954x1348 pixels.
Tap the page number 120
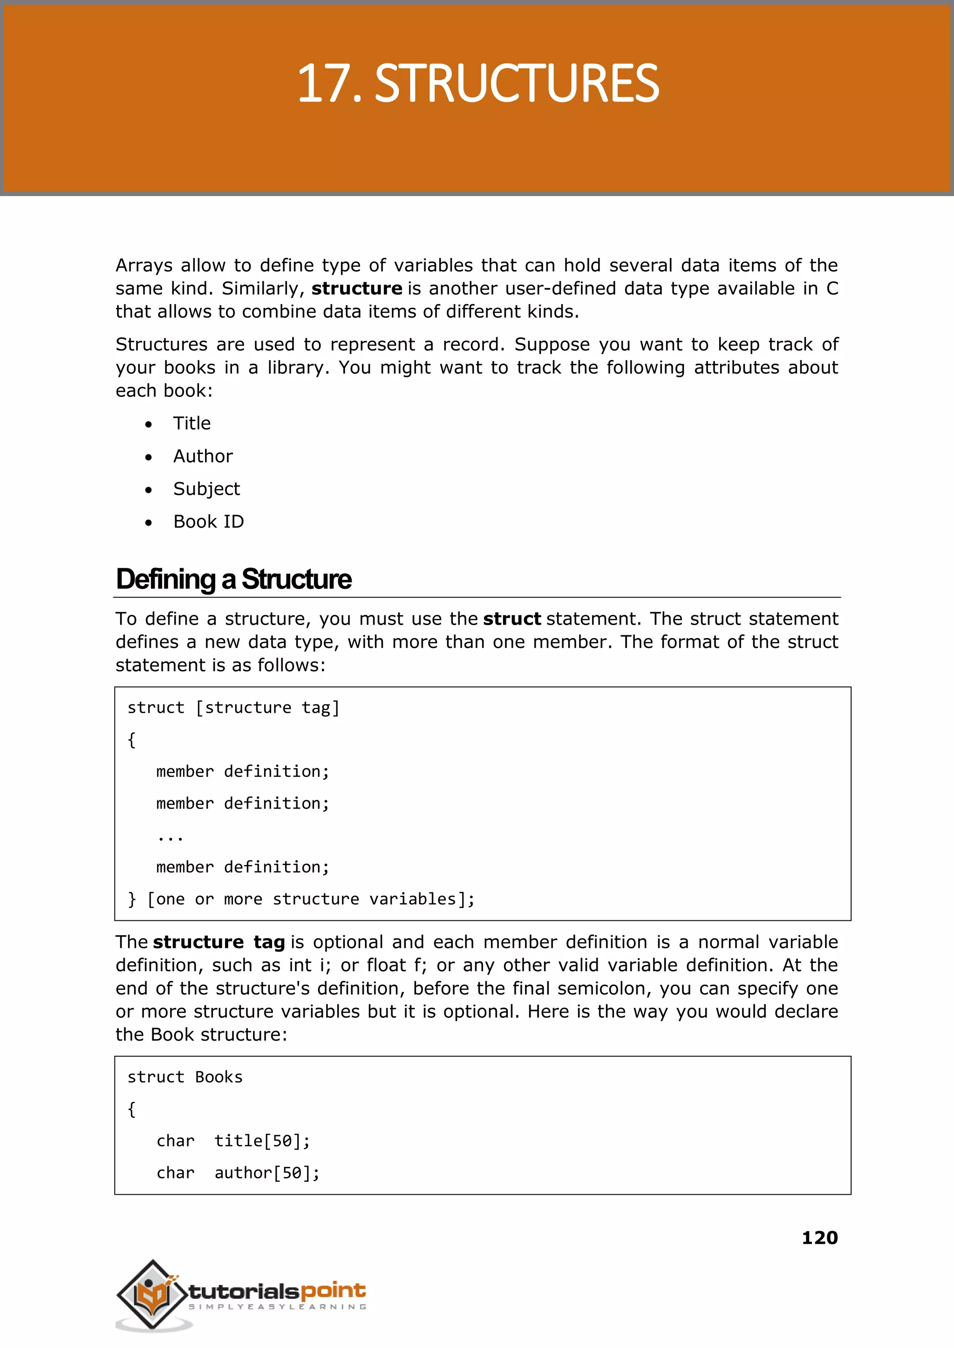pyautogui.click(x=819, y=1238)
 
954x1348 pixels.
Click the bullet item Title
pyautogui.click(x=191, y=423)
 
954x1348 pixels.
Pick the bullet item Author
pyautogui.click(x=203, y=456)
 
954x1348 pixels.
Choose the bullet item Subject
pyautogui.click(x=206, y=489)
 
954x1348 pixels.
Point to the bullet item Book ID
pyautogui.click(x=209, y=522)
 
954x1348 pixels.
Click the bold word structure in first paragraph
pyautogui.click(x=356, y=288)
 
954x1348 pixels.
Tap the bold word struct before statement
pyautogui.click(x=511, y=619)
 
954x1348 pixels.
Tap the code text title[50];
pyautogui.click(x=262, y=1141)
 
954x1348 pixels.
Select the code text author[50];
pyautogui.click(x=267, y=1172)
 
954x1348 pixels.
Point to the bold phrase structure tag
pyautogui.click(x=218, y=942)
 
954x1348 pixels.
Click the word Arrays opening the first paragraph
pyautogui.click(x=144, y=266)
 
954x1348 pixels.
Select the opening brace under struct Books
pyautogui.click(x=131, y=1109)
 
